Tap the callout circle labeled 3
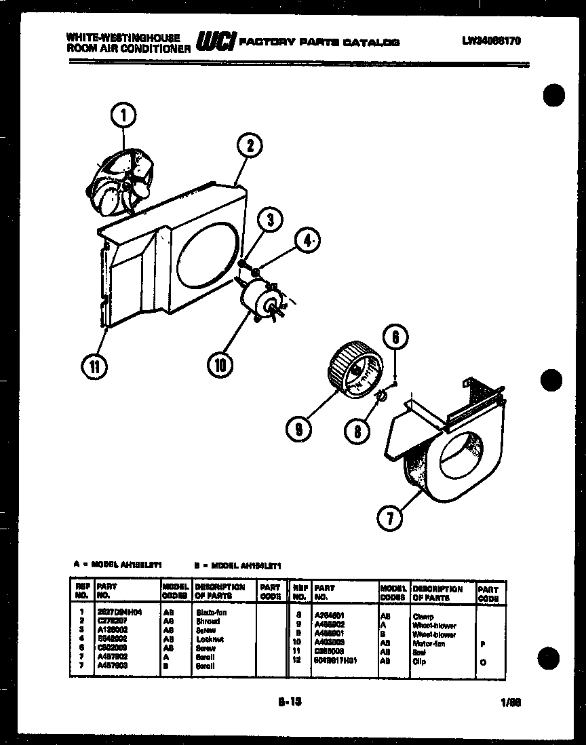coord(270,220)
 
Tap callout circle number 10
coord(220,364)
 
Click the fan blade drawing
coord(126,179)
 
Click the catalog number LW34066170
coord(492,41)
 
